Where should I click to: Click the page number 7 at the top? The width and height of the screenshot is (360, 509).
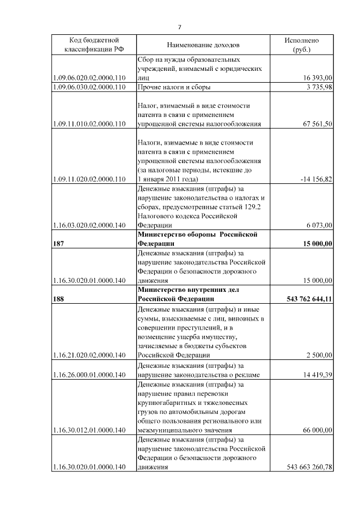179,27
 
